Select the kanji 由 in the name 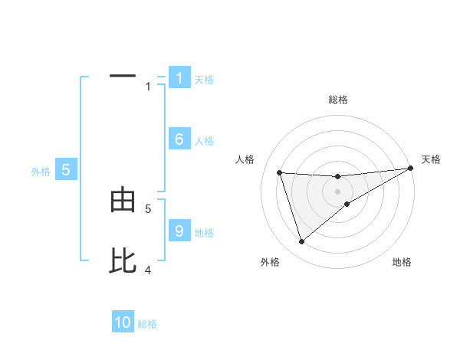123,201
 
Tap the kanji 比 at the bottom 123,261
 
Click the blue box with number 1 179,78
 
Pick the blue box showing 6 179,139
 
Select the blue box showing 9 179,231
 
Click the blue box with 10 123,323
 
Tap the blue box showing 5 66,170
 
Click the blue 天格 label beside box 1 204,80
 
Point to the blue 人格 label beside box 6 204,141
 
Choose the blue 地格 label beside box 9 204,233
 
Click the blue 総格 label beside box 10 147,325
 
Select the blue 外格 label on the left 41,172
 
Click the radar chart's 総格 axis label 337,100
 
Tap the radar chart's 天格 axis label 432,159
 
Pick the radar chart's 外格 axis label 270,262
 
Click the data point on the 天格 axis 410,168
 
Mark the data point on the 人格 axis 279,172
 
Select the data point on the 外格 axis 301,242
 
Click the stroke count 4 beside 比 148,270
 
